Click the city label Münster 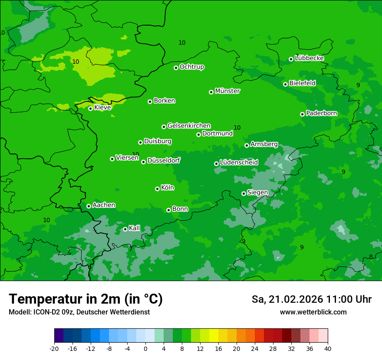pos(227,91)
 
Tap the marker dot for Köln pos(157,189)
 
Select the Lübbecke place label pos(310,58)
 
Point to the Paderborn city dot pos(302,114)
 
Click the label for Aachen pos(104,205)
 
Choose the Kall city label pos(135,228)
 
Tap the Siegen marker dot pos(244,193)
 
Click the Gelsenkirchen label pos(189,126)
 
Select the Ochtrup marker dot pos(176,68)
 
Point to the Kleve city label pos(102,108)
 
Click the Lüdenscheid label pos(239,163)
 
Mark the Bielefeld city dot pos(285,84)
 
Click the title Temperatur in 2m pos(86,299)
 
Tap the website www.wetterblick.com pos(313,312)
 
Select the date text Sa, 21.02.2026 pos(286,299)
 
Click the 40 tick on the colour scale pos(328,348)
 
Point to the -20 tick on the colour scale pos(54,348)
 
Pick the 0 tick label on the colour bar pos(145,348)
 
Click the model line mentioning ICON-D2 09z pos(79,312)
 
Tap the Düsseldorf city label pos(164,160)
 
